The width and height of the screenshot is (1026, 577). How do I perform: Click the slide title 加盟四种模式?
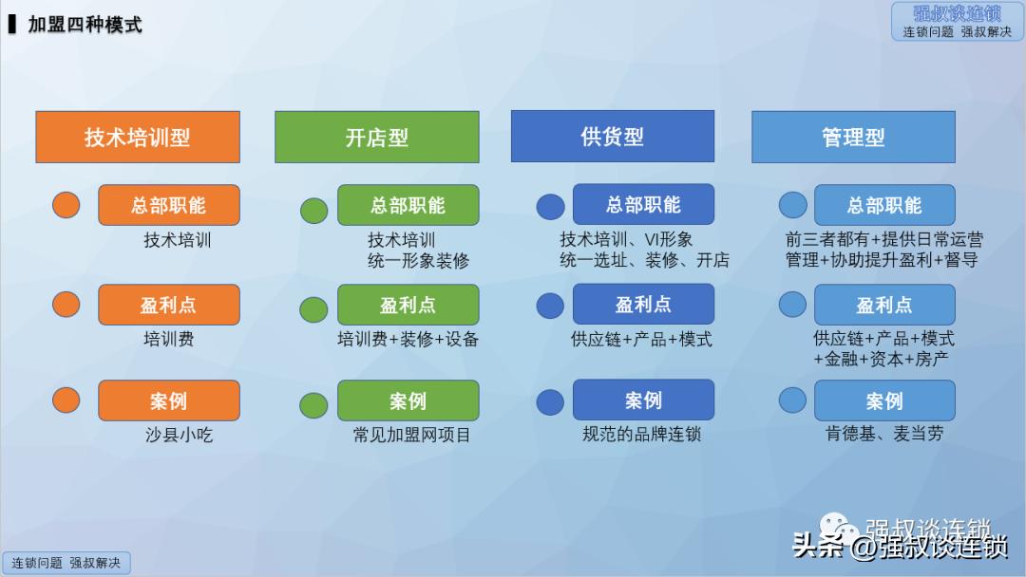click(85, 25)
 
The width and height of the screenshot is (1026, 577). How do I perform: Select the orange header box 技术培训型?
click(138, 137)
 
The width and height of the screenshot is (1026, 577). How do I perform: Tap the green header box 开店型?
click(376, 137)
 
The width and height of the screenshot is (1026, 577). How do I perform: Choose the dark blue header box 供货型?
click(612, 136)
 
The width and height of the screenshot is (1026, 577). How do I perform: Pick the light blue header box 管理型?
click(853, 137)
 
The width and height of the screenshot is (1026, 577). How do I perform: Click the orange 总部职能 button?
click(168, 205)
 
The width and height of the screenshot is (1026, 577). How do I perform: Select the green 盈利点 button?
click(408, 305)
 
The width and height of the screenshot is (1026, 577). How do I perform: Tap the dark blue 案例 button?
click(643, 400)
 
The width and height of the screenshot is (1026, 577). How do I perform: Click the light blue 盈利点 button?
click(883, 305)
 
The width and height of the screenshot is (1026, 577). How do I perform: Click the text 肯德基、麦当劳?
click(883, 434)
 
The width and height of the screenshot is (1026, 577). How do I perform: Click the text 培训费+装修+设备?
click(408, 339)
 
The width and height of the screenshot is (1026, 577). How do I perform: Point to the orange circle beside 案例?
click(66, 400)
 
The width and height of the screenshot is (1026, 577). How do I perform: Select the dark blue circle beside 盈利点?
click(550, 306)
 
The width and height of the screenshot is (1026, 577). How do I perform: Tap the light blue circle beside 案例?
click(792, 400)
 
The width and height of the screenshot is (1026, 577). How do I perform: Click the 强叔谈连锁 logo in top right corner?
click(957, 21)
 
